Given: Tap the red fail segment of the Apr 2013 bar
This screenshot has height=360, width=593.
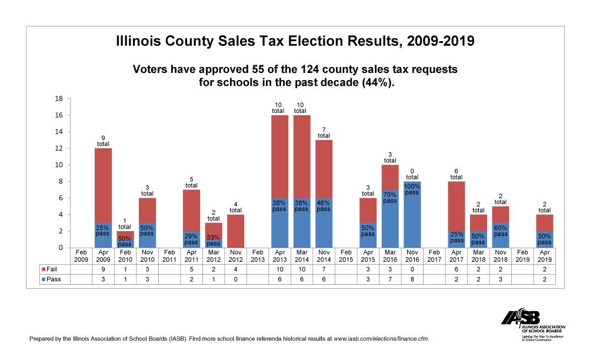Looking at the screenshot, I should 279,156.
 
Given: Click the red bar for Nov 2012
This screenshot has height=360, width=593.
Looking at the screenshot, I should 235,231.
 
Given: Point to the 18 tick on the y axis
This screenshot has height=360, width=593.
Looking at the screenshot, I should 59,99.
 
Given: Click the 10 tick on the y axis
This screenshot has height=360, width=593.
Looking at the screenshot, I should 59,165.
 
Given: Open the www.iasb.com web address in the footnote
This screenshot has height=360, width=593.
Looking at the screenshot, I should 381,339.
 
